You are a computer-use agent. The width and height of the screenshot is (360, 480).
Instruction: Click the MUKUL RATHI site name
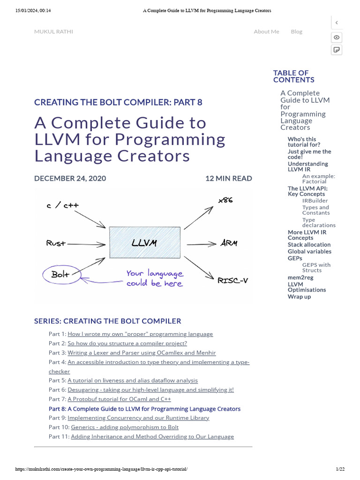[x=53, y=31]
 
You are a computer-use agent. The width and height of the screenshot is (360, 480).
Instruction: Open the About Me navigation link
[x=266, y=31]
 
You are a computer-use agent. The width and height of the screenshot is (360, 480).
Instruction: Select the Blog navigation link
[x=296, y=31]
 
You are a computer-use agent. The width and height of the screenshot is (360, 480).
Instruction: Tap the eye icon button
[x=337, y=37]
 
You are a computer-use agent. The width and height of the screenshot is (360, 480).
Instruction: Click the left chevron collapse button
[x=337, y=22]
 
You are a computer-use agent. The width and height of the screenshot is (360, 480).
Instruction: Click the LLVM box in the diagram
[x=144, y=243]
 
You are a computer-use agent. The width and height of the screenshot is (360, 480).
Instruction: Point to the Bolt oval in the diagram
[x=60, y=275]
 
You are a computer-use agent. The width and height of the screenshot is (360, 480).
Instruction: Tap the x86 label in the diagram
[x=225, y=200]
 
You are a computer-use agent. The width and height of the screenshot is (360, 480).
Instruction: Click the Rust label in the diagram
[x=56, y=243]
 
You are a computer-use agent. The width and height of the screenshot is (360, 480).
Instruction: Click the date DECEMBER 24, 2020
[x=70, y=178]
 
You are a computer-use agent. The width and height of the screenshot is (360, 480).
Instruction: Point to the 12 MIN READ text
[x=228, y=178]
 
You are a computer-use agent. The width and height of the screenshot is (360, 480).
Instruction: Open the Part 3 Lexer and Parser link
[x=142, y=352]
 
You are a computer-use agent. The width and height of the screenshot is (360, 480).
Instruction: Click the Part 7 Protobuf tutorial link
[x=119, y=399]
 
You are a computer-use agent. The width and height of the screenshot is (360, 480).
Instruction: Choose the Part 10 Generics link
[x=125, y=427]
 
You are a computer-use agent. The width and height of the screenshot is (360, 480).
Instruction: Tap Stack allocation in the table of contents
[x=309, y=245]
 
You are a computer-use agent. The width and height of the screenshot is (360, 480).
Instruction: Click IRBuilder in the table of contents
[x=315, y=201]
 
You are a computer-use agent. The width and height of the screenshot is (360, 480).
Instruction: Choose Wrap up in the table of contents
[x=299, y=297]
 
